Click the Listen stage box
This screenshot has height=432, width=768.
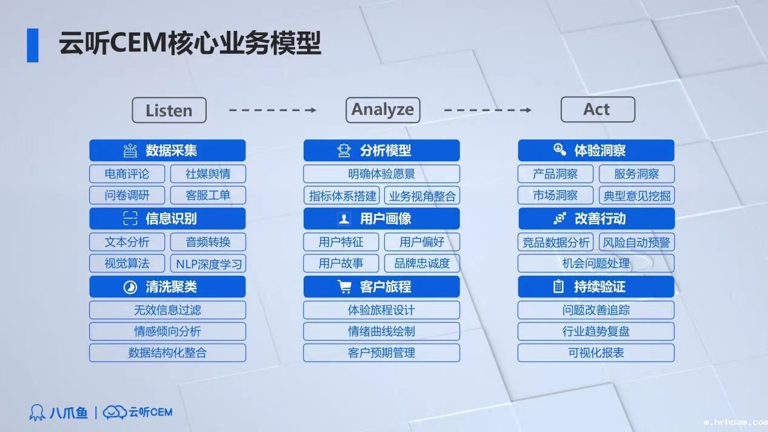click(169, 110)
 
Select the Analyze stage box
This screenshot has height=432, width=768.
click(382, 110)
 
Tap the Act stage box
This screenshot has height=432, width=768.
click(598, 110)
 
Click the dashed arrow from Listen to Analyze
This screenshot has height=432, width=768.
click(273, 110)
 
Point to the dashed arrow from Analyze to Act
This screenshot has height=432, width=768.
click(487, 110)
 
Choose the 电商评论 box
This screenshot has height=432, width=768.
click(127, 174)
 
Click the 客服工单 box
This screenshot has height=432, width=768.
click(208, 195)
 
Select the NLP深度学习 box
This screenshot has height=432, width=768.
click(208, 264)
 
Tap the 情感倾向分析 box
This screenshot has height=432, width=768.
click(167, 331)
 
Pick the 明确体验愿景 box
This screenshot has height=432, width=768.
click(381, 174)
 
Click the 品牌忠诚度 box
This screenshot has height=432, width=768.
click(422, 264)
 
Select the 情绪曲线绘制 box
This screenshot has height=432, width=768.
click(381, 331)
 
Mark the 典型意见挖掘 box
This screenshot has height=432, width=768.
click(636, 195)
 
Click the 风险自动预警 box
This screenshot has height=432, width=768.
click(636, 242)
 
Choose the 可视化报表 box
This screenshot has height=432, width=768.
click(596, 353)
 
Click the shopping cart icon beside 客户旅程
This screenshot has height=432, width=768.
click(344, 287)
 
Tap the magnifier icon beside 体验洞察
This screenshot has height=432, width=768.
click(559, 150)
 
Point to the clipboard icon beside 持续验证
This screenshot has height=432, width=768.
click(558, 287)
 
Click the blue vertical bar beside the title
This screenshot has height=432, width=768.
click(33, 45)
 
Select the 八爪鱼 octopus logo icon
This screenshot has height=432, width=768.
click(37, 412)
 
